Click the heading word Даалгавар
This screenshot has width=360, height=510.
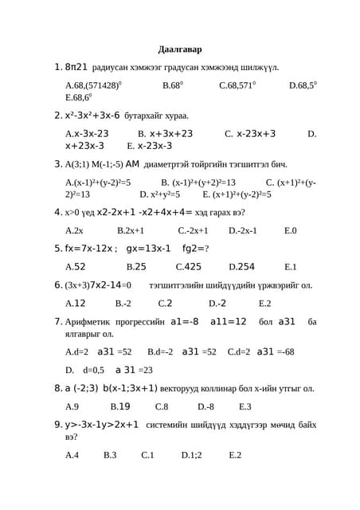[x=180, y=49]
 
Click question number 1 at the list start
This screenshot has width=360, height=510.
[x=57, y=68]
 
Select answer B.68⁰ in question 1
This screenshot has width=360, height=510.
[x=173, y=84]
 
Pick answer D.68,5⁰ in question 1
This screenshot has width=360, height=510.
[x=303, y=84]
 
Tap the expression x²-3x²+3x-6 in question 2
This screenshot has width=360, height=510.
[x=92, y=116]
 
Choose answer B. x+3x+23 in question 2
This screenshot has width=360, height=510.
[x=166, y=134]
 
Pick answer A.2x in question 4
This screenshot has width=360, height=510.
[x=74, y=230]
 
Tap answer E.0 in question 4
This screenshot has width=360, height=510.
[x=290, y=230]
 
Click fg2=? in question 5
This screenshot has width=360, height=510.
[x=196, y=249]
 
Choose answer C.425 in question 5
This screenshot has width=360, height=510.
[x=189, y=267]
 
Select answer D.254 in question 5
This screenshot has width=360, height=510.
[x=241, y=267]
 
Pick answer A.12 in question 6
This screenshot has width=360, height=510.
[x=75, y=304]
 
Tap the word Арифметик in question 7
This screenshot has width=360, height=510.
[x=88, y=322]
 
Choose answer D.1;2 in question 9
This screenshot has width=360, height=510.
[x=191, y=455]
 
